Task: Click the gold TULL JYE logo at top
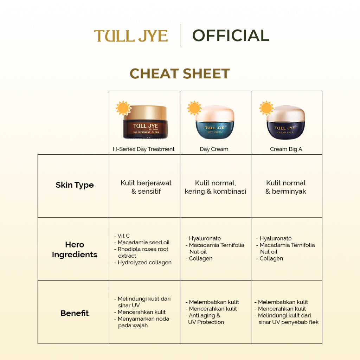[x=131, y=36]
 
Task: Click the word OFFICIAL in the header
[x=231, y=36]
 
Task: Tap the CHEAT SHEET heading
[x=180, y=74]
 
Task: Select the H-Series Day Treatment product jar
[x=145, y=123]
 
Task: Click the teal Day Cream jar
[x=215, y=123]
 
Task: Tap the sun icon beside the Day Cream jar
[x=194, y=108]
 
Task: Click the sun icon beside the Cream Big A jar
[x=266, y=108]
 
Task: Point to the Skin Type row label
[x=75, y=185]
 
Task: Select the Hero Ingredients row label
[x=75, y=250]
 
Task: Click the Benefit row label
[x=75, y=313]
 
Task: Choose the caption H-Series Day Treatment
[x=143, y=149]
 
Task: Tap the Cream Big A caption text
[x=286, y=149]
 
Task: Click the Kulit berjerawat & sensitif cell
[x=146, y=187]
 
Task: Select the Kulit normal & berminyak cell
[x=286, y=187]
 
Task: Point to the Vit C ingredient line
[x=123, y=236]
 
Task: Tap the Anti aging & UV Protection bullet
[x=205, y=319]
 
